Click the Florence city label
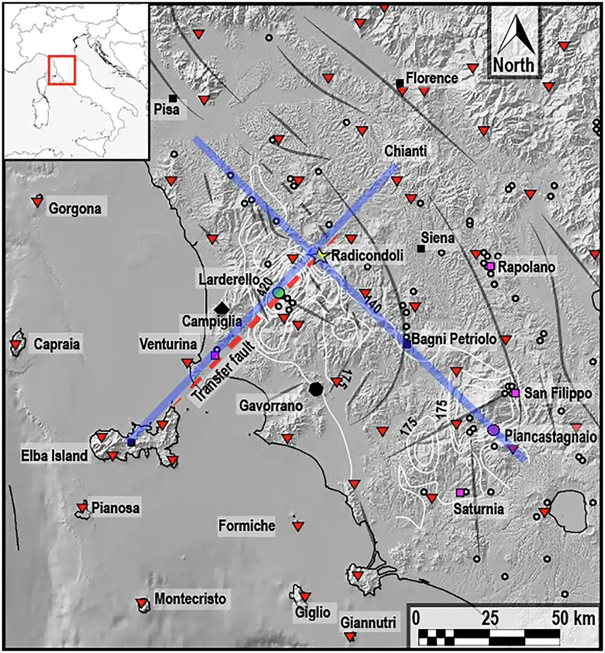[x=432, y=78]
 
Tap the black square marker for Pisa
[x=173, y=98]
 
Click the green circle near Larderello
[x=278, y=293]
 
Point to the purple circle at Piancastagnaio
[x=493, y=430]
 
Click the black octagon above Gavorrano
[x=315, y=388]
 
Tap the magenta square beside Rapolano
[x=491, y=267]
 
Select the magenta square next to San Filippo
[x=515, y=394]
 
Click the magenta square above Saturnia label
[x=460, y=492]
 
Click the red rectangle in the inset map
[x=61, y=70]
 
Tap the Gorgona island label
[x=76, y=209]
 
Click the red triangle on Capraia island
[x=15, y=346]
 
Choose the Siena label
[x=439, y=238]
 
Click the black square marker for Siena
[x=421, y=249]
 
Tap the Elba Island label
[x=61, y=456]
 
